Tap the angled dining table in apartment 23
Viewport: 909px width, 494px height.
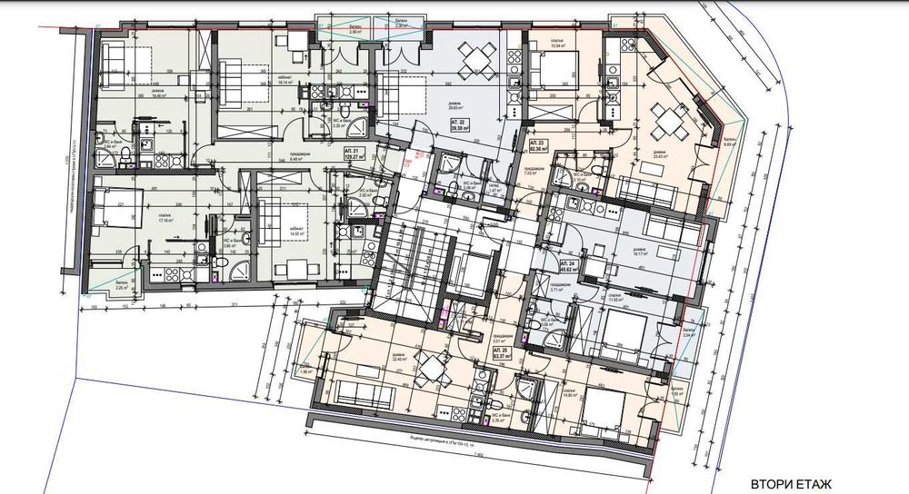[x=670, y=116]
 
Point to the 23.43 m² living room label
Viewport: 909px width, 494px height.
[x=657, y=156]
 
